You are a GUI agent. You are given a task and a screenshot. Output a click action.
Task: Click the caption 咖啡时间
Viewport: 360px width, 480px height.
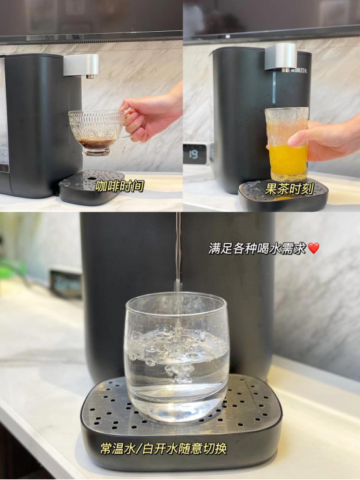(x=120, y=186)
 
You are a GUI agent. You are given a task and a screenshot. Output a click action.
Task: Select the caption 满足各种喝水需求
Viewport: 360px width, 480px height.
(x=257, y=248)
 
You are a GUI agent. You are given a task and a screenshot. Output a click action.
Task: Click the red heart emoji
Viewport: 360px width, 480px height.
(x=314, y=248)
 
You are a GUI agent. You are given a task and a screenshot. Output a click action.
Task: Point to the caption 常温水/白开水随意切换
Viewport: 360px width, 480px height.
(x=163, y=449)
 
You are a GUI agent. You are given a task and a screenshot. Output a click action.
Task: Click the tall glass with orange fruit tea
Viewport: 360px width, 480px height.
(x=287, y=144)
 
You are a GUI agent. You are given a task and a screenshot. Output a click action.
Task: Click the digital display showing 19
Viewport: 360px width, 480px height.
(x=194, y=154)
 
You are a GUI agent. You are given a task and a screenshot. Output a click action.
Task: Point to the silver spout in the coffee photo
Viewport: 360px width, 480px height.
(x=82, y=66)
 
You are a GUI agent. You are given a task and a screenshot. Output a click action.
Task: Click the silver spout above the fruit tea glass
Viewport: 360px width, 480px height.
(x=281, y=57)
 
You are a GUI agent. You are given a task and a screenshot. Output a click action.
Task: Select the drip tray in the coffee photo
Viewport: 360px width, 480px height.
(x=91, y=186)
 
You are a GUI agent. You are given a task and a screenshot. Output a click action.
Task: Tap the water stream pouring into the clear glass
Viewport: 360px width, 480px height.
(x=177, y=260)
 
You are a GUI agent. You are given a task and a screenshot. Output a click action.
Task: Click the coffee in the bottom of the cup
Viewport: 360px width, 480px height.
(x=97, y=142)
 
